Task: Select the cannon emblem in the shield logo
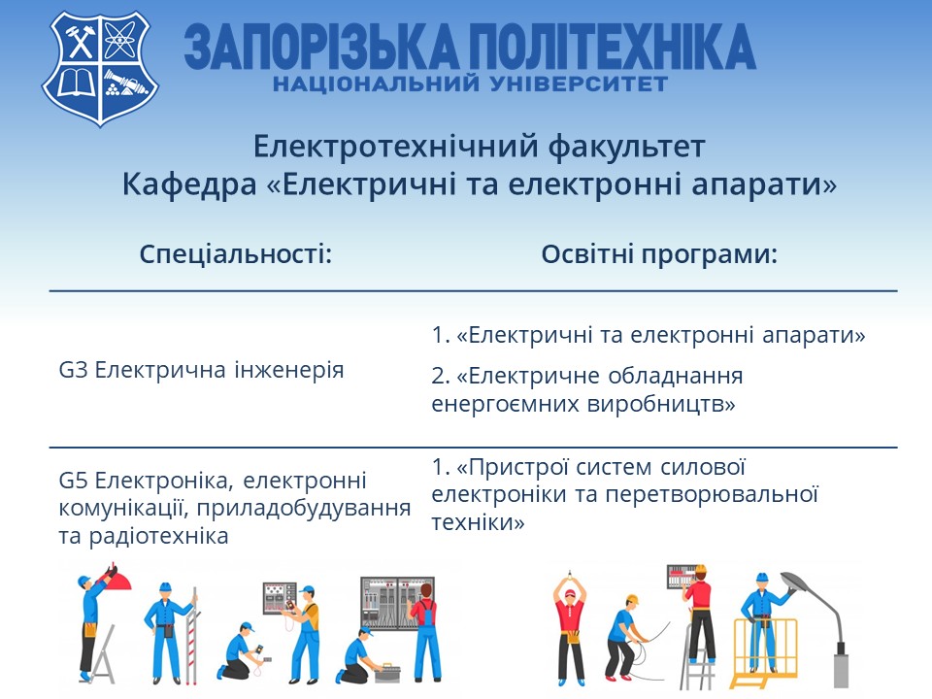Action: [x=126, y=83]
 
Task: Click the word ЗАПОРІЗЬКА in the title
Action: [x=321, y=47]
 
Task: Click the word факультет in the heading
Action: [x=626, y=147]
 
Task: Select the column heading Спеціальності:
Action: [x=235, y=253]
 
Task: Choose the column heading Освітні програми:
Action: [x=659, y=253]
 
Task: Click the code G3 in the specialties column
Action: [x=73, y=370]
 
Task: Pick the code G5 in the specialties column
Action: [x=73, y=480]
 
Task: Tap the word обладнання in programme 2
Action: [x=676, y=376]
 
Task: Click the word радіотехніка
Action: [x=158, y=536]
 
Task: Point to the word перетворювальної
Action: [x=712, y=494]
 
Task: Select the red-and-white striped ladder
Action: [x=192, y=636]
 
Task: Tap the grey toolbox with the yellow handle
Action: [x=387, y=672]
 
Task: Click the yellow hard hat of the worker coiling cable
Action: [x=632, y=599]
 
